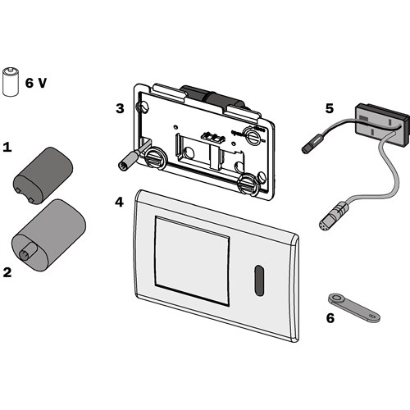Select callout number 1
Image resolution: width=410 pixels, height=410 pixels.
coord(8,148)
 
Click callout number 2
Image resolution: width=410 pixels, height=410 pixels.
coord(8,271)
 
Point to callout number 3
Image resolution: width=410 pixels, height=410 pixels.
coord(120,108)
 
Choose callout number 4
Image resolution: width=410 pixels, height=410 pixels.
coord(120,201)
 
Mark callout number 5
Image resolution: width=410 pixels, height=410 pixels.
coord(329,107)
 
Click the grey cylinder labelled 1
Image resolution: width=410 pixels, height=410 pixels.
coord(43,171)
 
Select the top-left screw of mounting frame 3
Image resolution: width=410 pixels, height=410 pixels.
coord(144,107)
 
